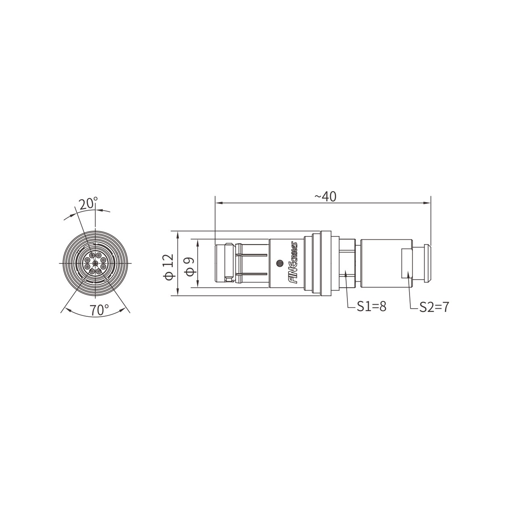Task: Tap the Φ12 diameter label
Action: (x=169, y=267)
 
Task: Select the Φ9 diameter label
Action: (x=190, y=266)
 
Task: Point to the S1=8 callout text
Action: (x=372, y=307)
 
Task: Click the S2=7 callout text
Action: (x=434, y=307)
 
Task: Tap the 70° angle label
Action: (x=99, y=310)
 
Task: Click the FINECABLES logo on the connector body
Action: (x=293, y=262)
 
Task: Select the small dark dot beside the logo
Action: (x=280, y=263)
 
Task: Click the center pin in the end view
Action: (x=95, y=263)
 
